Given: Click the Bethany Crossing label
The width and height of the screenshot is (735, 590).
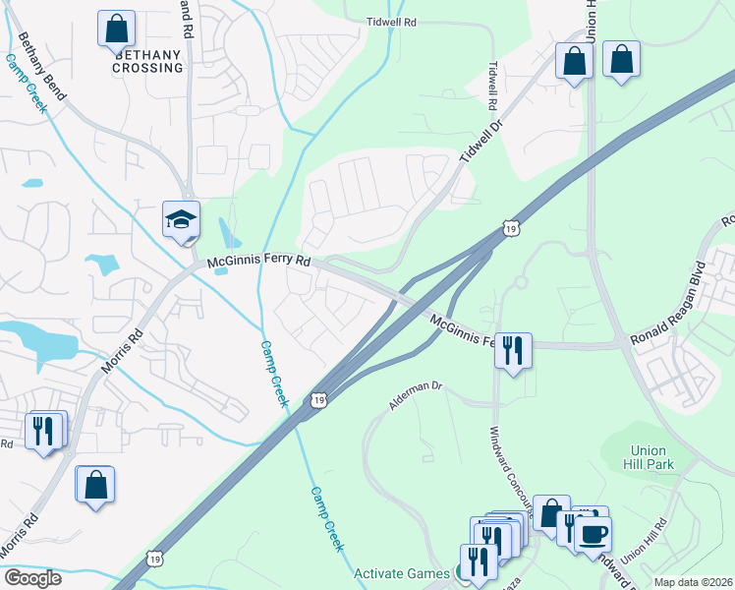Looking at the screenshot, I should pos(147,61).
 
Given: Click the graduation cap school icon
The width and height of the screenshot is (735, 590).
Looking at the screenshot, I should pos(181,219).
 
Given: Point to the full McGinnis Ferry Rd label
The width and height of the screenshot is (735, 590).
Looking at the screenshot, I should pos(258,263).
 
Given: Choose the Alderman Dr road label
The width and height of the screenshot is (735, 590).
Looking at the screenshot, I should pos(417,397).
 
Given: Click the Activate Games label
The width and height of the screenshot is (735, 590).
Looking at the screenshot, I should pos(401,573).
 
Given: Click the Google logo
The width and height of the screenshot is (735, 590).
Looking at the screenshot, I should pos(32,578).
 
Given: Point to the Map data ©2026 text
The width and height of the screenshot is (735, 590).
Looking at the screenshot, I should pos(693,582).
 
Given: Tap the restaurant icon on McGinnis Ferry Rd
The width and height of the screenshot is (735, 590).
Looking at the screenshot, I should pos(512,350).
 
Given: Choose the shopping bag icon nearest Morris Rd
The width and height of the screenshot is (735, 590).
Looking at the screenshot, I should pos(95,485).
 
